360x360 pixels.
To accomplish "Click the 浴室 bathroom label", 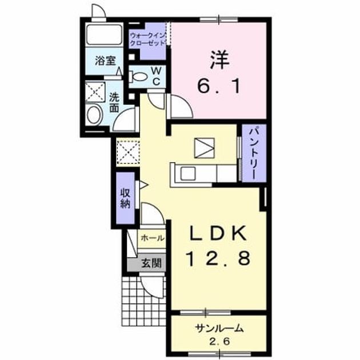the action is (x=105, y=61).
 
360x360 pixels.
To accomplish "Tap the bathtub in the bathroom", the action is (x=104, y=35).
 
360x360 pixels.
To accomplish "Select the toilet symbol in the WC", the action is (x=138, y=77).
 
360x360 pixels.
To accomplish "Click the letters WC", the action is (x=157, y=76).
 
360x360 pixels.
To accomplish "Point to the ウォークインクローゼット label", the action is (x=147, y=39).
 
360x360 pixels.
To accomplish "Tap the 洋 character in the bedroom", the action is (x=219, y=60).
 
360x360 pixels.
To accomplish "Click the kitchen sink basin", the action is (x=188, y=174).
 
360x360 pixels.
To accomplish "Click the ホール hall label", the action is (x=153, y=238).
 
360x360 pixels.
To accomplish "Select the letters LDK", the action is (x=218, y=233).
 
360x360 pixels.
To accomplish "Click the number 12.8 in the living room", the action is (x=218, y=258).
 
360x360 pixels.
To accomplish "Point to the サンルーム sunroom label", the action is (x=219, y=329).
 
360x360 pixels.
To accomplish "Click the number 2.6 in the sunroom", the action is (x=219, y=342).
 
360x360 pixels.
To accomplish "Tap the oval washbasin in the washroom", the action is (x=95, y=115).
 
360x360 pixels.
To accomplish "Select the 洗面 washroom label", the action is (x=114, y=102).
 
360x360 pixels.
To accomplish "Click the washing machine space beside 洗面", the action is (x=95, y=92).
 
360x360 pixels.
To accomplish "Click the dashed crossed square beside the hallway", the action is (x=128, y=152).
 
